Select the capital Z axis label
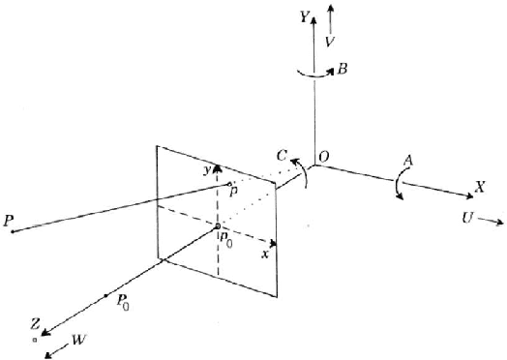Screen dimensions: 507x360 36,324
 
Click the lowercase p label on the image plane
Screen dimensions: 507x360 235,193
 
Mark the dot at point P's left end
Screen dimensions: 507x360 11,231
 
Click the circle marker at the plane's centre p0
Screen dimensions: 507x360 218,226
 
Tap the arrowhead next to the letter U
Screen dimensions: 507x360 497,222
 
